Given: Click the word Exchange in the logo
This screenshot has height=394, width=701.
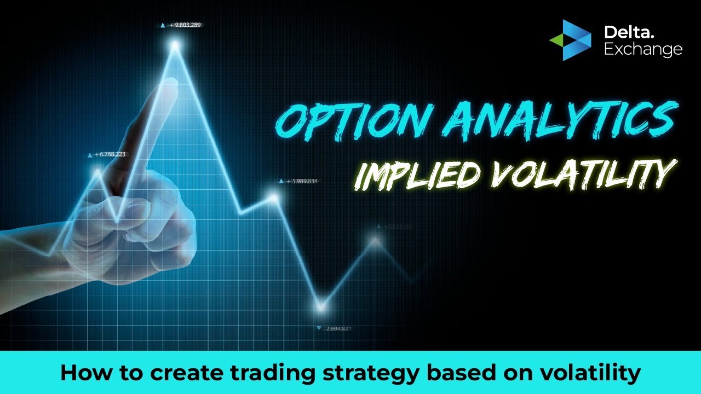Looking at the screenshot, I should tap(643, 50).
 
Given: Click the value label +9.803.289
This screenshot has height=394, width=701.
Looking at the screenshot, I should tap(185, 25).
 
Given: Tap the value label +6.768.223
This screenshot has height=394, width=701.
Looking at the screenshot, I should tap(110, 154).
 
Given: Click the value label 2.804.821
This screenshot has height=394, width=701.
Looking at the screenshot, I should tap(338, 328).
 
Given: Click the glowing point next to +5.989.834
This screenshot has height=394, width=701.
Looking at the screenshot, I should tap(273, 198).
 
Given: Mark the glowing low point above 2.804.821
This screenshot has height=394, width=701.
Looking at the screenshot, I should tap(321, 306).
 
